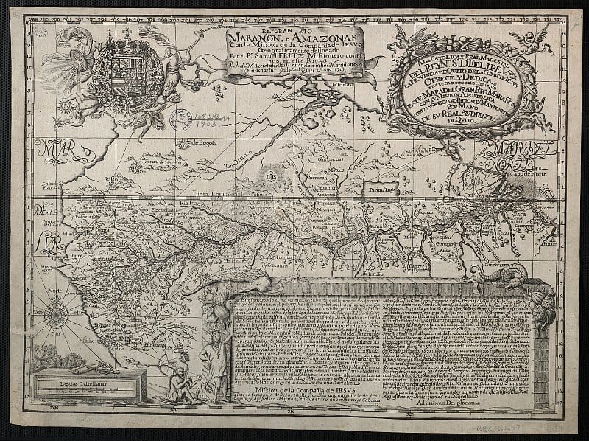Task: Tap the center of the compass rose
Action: coord(56,315)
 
